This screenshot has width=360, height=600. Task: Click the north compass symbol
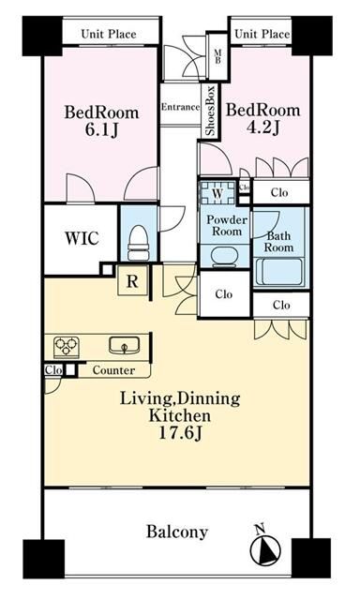[264, 547]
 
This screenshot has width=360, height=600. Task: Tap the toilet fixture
[138, 243]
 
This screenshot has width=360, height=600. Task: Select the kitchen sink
[124, 345]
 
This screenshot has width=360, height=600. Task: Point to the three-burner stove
[67, 347]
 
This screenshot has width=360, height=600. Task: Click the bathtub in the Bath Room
[280, 272]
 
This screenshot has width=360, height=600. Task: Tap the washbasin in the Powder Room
[225, 257]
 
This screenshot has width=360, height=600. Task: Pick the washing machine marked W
[217, 193]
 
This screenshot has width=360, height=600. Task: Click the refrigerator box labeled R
[132, 281]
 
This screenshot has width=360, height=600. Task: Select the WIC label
[82, 238]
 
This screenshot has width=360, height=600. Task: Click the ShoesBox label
[210, 111]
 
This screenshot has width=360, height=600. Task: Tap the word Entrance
[180, 107]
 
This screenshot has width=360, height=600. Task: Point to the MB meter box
[217, 56]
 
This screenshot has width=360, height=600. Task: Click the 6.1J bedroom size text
[101, 130]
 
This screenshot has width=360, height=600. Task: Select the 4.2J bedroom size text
[262, 127]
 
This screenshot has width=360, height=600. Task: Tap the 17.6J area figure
[181, 433]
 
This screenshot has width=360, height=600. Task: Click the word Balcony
[177, 532]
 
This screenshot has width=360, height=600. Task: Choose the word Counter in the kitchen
[113, 370]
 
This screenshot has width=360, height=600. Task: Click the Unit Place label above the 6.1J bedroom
[109, 34]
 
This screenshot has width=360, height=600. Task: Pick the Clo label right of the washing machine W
[244, 187]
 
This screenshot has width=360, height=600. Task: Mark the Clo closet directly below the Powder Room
[224, 293]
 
